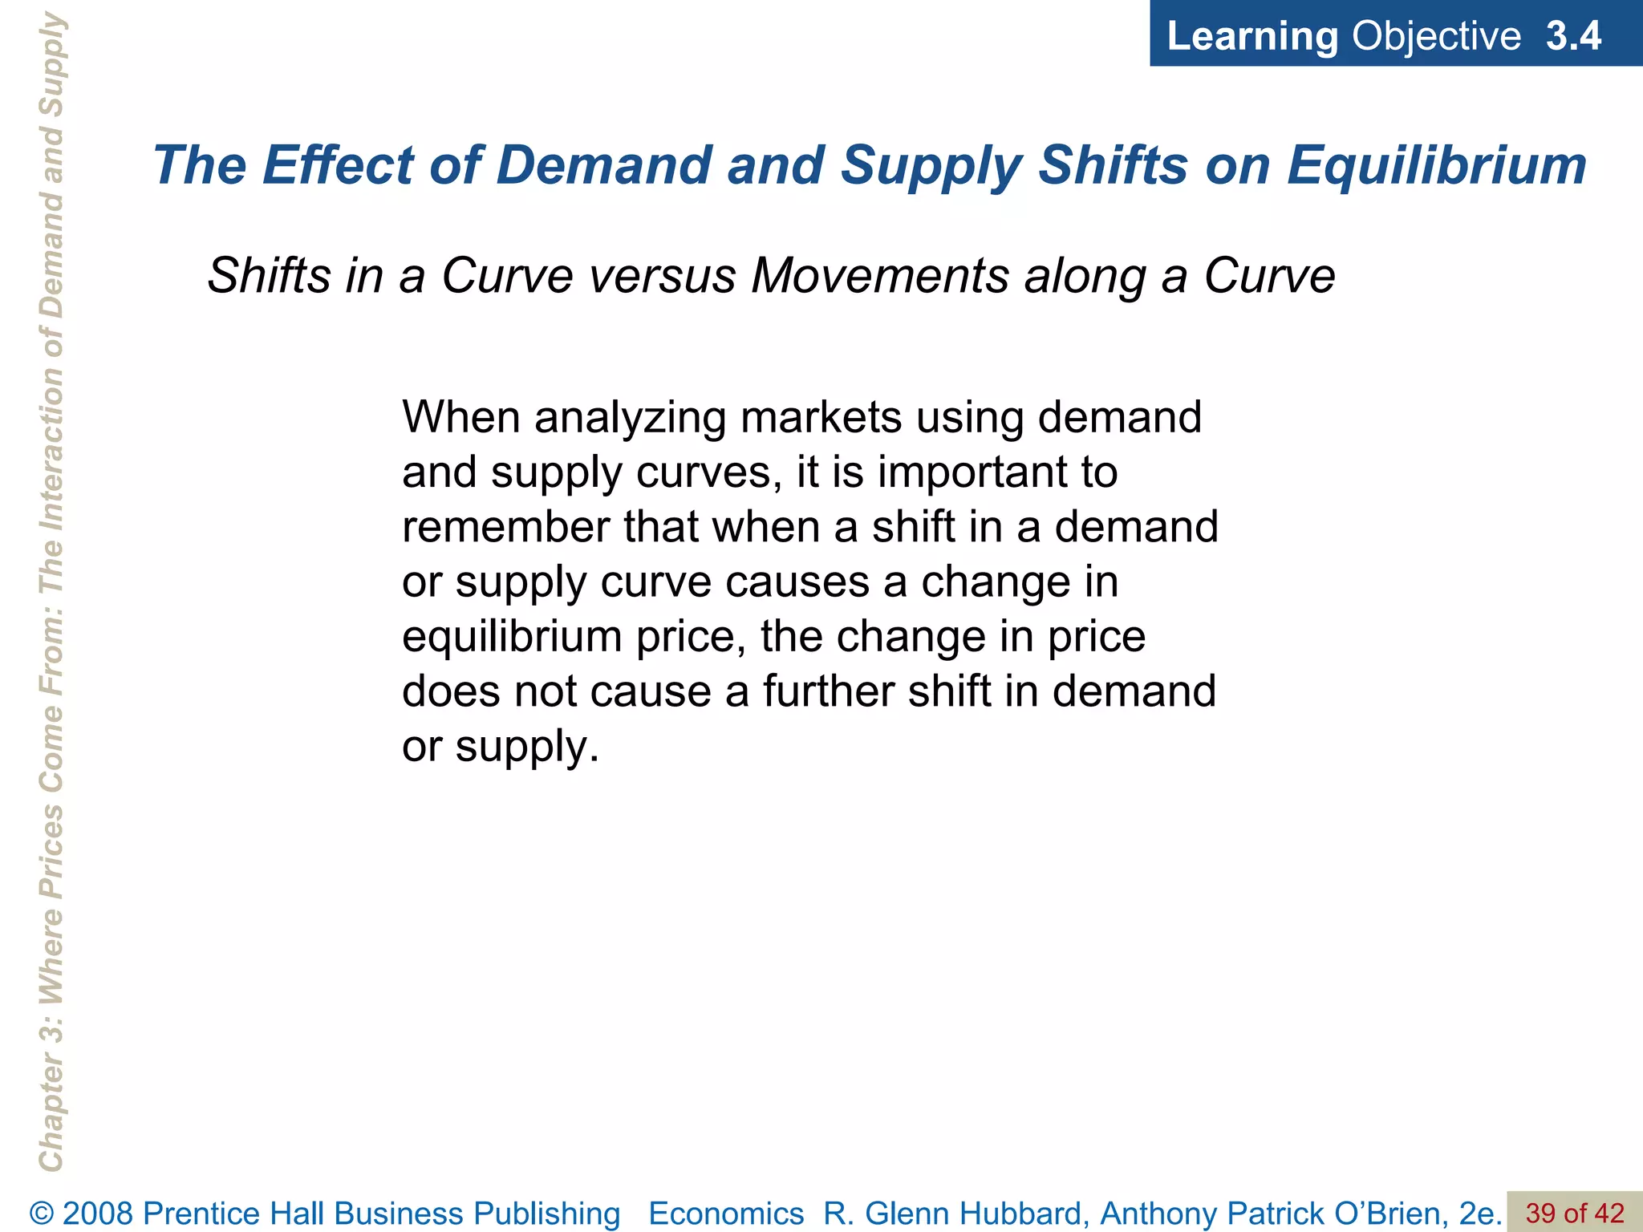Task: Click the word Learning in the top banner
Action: [1252, 36]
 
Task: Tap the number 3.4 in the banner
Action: [1573, 36]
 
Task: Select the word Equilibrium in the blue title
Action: [1437, 166]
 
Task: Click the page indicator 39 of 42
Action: [1574, 1213]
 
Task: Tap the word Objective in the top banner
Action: [1436, 36]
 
